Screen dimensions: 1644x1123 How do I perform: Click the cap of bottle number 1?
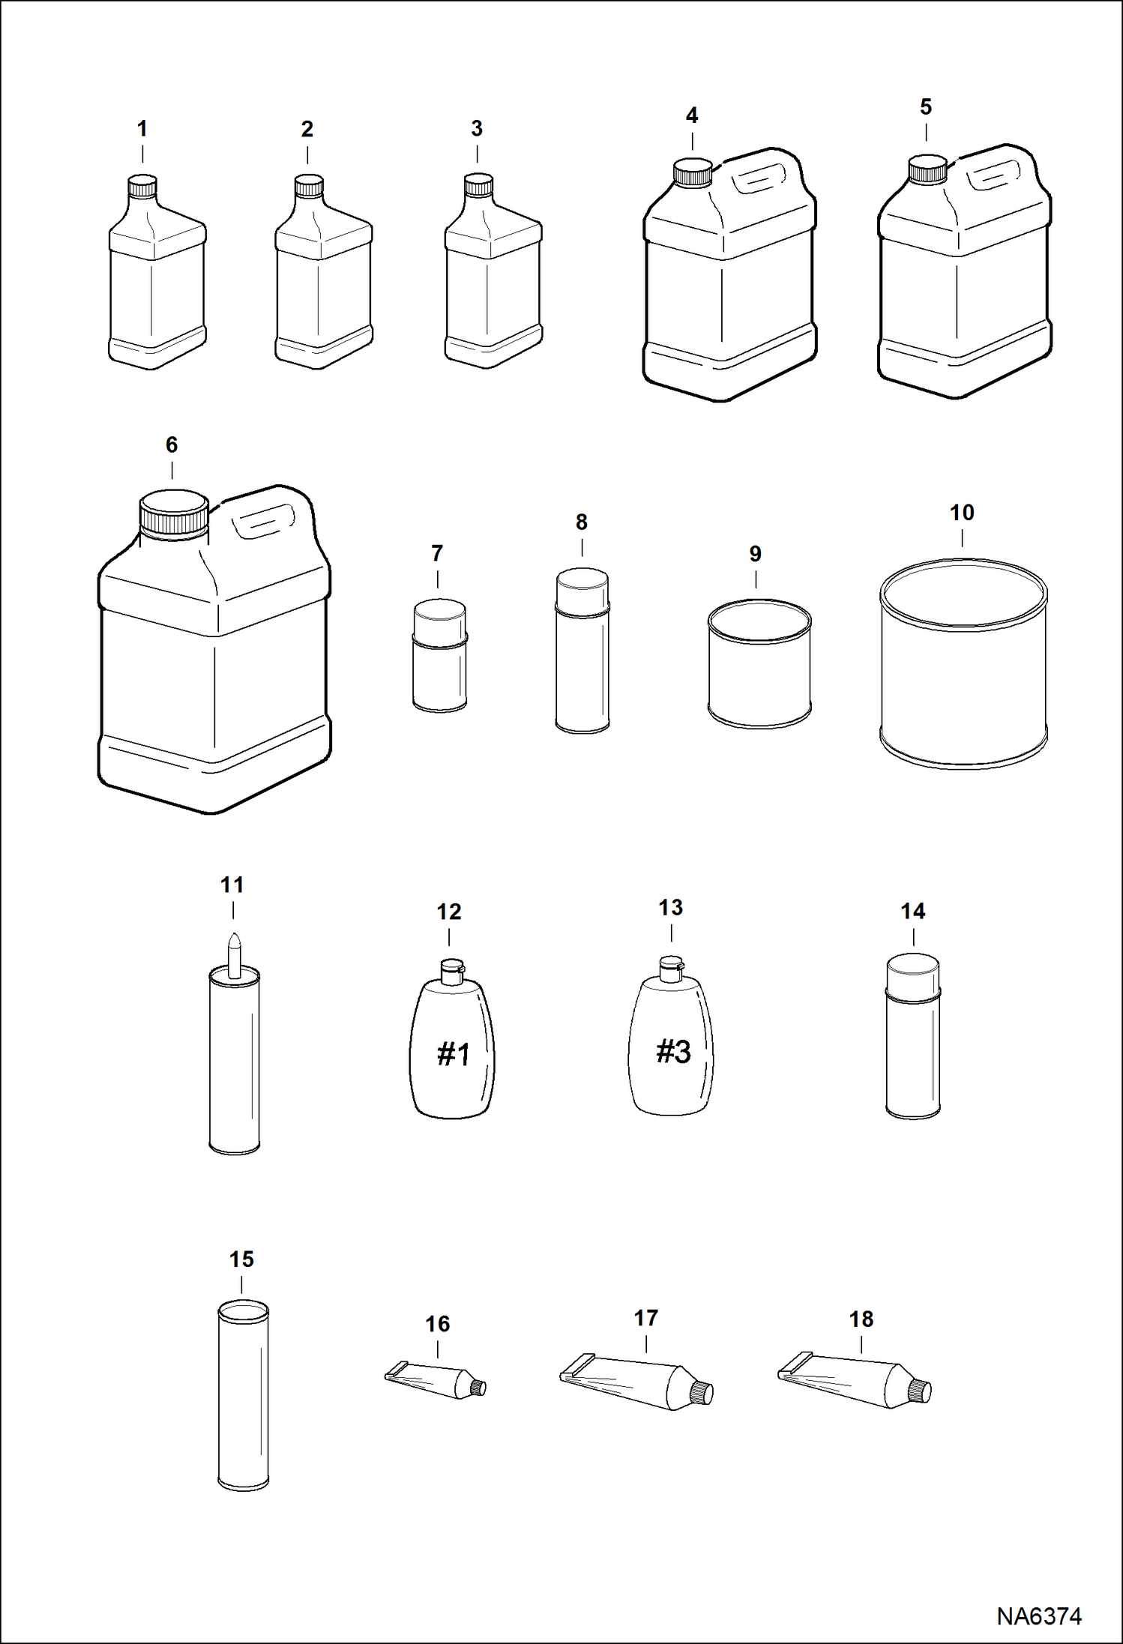142,186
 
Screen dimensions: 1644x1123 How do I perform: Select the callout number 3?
477,129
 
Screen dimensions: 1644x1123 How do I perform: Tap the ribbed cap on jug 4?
692,173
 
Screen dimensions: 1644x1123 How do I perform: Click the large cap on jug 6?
174,513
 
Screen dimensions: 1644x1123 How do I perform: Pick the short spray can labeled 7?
440,657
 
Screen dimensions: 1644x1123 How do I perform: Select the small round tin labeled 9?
759,664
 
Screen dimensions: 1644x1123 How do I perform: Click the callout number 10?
962,514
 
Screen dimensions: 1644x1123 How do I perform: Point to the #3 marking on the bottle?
673,1052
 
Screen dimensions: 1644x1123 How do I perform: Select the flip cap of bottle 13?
671,968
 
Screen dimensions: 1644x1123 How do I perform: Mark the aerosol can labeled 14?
913,1038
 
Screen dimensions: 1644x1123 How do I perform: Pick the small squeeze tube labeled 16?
435,1381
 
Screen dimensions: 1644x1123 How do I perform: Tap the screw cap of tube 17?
702,1393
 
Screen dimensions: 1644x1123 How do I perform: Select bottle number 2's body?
323,300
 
